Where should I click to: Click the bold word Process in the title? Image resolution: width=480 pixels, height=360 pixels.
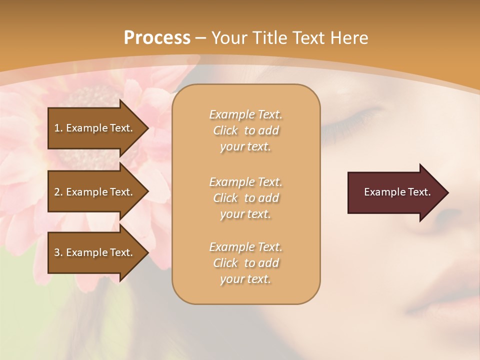[x=157, y=37]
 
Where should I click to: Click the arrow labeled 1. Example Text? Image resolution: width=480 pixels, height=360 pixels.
[x=95, y=128]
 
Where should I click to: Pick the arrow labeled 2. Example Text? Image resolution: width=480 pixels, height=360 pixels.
[x=95, y=192]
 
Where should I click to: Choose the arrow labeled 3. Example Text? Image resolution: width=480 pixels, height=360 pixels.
[x=95, y=252]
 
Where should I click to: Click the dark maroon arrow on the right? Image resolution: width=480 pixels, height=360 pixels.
[x=395, y=192]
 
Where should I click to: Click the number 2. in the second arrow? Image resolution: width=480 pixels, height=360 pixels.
[x=58, y=192]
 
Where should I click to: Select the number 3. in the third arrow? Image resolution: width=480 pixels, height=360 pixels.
[x=58, y=252]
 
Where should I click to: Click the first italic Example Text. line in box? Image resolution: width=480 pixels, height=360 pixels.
[x=245, y=114]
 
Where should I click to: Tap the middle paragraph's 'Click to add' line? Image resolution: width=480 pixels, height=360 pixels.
[x=245, y=198]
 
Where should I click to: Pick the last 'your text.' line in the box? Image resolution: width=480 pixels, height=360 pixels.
[x=245, y=279]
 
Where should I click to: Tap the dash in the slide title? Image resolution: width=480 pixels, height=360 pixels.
[x=201, y=37]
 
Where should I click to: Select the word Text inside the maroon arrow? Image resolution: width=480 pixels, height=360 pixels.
[x=419, y=192]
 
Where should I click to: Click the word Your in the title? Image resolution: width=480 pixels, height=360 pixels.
[x=229, y=37]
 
